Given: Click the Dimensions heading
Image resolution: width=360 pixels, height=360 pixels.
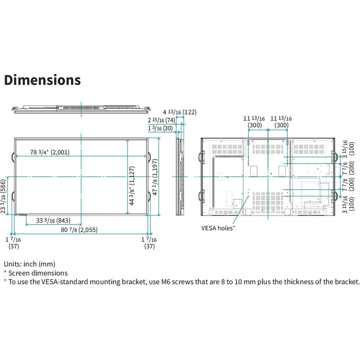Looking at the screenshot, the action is [x=42, y=80].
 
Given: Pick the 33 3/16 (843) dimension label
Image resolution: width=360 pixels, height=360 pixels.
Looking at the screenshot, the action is [x=53, y=220].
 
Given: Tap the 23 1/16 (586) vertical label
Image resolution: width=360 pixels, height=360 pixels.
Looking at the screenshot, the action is [x=3, y=196].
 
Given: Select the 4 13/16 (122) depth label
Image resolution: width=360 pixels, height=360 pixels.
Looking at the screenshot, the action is [x=180, y=112].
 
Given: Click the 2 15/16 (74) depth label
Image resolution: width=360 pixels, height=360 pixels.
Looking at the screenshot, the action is [x=161, y=120].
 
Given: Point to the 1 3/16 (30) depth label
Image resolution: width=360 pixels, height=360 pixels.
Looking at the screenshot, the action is [x=160, y=128].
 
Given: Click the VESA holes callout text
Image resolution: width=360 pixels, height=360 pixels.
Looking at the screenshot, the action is [x=217, y=228].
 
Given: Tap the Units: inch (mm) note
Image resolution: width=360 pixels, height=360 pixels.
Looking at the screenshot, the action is [x=30, y=264].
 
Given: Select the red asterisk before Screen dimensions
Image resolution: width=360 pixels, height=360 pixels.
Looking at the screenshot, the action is [x=5, y=272].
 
